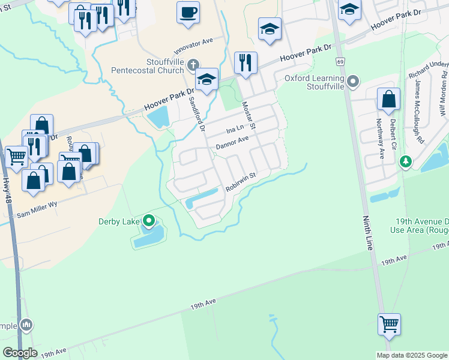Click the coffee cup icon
coord(188,13)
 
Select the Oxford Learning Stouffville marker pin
coord(353,80)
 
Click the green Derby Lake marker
coord(149,221)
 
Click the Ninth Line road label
coord(367,233)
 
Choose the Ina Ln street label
coord(235,129)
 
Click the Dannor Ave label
coord(232,143)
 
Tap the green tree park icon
coord(406,162)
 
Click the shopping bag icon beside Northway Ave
coord(388,100)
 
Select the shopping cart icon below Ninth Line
coord(389,325)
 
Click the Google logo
coord(20,353)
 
